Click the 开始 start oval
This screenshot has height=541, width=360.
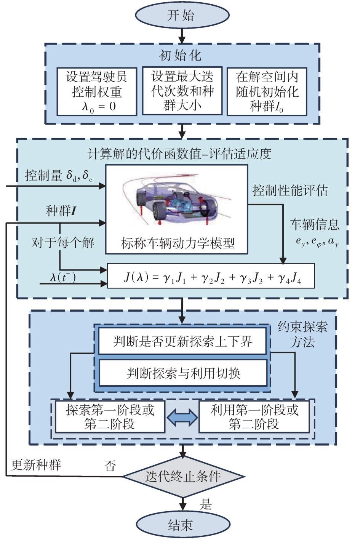click(x=182, y=15)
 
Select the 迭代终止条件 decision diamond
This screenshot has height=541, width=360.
click(x=183, y=476)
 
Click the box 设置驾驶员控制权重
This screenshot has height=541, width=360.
click(x=97, y=91)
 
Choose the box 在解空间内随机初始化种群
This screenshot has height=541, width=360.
click(x=267, y=91)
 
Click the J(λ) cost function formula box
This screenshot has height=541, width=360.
click(x=211, y=276)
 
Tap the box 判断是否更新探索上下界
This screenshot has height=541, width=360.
click(x=182, y=341)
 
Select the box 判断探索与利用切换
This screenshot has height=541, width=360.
click(x=183, y=373)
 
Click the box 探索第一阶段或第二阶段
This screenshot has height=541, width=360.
click(x=110, y=416)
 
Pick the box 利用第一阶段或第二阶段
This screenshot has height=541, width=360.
click(x=254, y=416)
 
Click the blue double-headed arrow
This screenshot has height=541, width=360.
click(x=182, y=418)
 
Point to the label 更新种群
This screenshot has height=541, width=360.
click(x=36, y=465)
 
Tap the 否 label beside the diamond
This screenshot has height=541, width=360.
click(x=110, y=466)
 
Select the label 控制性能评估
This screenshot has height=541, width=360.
click(x=290, y=190)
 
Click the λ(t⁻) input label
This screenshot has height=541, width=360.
click(x=62, y=277)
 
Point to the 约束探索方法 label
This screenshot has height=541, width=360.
click(x=302, y=334)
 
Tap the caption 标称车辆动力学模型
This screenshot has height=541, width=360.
click(x=178, y=243)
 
